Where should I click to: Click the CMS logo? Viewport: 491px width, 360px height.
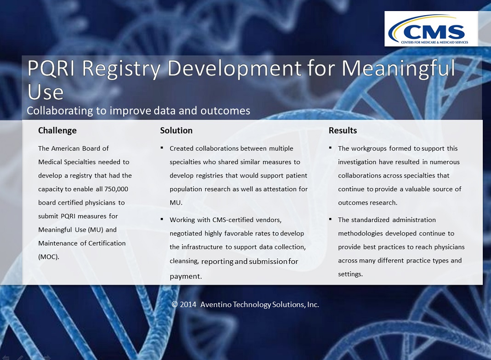point(431,29)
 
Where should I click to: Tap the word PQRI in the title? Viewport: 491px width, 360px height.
point(51,68)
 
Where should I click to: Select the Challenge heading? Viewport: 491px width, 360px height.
point(57,131)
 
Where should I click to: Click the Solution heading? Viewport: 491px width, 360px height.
point(176,131)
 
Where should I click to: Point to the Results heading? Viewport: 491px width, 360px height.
point(343,131)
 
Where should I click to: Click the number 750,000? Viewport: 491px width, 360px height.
point(116,189)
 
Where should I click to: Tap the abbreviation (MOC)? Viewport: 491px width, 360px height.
point(49,257)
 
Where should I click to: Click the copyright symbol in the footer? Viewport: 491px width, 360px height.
point(174,304)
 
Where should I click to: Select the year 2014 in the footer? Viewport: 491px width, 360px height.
point(188,304)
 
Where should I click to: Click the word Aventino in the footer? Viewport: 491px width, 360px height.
point(216,304)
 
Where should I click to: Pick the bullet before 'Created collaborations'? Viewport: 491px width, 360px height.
point(162,148)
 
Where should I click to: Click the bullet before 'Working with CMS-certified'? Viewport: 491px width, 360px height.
point(162,219)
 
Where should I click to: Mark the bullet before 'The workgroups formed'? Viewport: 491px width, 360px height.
point(331,148)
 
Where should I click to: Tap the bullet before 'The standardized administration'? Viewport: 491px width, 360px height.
point(331,219)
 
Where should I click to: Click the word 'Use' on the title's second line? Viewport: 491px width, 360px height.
point(46,92)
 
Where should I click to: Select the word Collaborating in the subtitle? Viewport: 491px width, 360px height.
point(60,111)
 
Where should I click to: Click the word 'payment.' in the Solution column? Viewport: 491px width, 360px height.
point(186,276)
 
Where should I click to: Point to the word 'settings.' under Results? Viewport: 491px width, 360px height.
point(350,274)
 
